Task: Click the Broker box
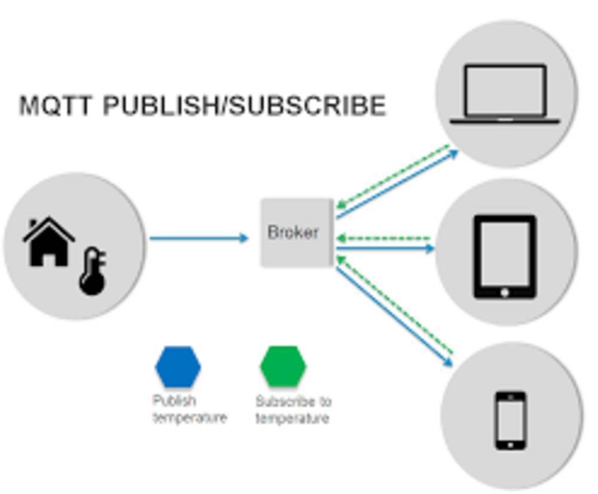(297, 233)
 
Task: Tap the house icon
(48, 242)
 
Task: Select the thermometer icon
(93, 273)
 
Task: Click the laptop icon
(505, 94)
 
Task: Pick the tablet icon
(505, 257)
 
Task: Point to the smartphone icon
(511, 420)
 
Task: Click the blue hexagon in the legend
(178, 366)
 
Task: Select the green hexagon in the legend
(283, 366)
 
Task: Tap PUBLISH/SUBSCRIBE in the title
(245, 106)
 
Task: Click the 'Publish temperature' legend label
(189, 409)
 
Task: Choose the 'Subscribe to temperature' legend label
(293, 410)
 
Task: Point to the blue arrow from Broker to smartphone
(395, 317)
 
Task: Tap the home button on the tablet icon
(505, 292)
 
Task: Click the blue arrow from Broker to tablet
(386, 248)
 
